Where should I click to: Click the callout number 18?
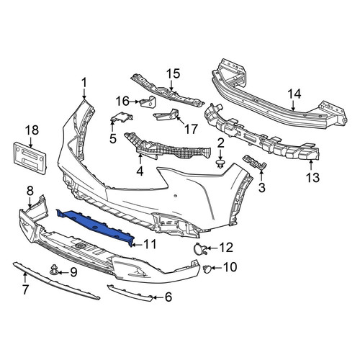pos(32,130)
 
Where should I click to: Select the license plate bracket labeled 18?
pos(30,158)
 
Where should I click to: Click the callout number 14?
pos(294,94)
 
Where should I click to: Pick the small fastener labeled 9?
pos(54,270)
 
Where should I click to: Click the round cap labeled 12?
pos(198,248)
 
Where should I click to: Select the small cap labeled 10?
pos(207,269)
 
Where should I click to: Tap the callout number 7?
pos(25,289)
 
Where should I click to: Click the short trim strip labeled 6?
pos(130,292)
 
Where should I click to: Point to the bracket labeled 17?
pos(167,114)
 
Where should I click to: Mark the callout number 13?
pos(312,177)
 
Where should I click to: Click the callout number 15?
pos(173,73)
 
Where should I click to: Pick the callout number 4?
pos(140,171)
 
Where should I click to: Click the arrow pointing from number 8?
pos(30,202)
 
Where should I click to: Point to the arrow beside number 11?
pos(137,245)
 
